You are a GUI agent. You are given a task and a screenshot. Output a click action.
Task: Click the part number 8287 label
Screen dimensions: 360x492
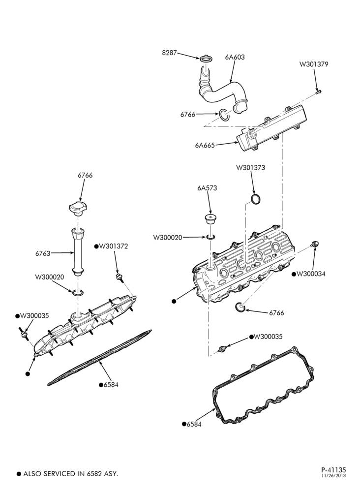[x=169, y=53]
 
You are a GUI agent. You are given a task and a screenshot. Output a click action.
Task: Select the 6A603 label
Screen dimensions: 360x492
[x=235, y=57]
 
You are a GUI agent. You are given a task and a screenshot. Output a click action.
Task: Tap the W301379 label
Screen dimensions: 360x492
[x=314, y=64]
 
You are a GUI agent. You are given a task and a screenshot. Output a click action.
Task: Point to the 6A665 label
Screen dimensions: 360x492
[x=205, y=145]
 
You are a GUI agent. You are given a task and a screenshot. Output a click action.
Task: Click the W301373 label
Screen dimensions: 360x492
[x=250, y=168]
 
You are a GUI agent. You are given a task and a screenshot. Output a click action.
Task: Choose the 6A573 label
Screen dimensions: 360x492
[x=207, y=188]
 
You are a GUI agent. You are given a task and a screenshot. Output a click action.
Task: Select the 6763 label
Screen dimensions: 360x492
[x=43, y=253]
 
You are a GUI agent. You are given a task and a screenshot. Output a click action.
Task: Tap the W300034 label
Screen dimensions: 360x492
[x=311, y=274]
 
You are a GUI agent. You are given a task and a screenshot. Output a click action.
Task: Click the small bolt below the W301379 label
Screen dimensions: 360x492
[x=319, y=92]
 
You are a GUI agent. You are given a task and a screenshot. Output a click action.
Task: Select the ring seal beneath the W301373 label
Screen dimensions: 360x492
[x=256, y=199]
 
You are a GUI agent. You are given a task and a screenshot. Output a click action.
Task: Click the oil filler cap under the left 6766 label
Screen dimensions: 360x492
[x=78, y=209]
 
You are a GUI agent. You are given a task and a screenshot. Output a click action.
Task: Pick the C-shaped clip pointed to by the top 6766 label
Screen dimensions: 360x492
[x=224, y=114]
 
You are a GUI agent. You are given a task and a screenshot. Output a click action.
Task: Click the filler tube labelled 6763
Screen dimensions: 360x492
[x=77, y=252]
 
